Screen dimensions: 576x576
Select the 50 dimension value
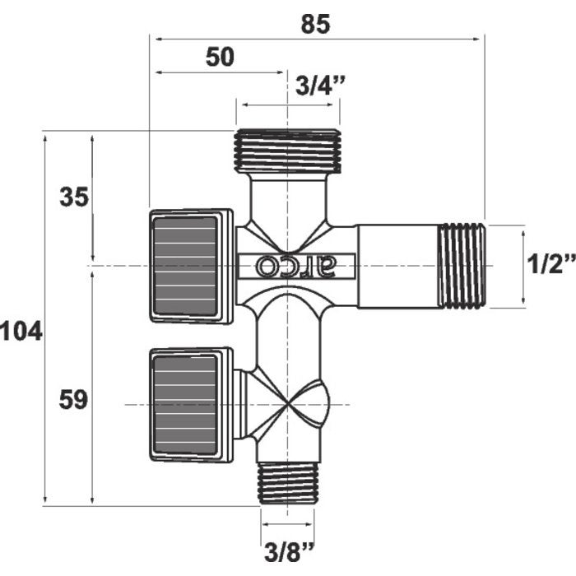point(219,57)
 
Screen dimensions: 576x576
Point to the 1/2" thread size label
point(550,266)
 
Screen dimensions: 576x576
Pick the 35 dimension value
point(72,197)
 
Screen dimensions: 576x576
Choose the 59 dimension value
point(72,400)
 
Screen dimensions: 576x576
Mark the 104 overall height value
point(21,331)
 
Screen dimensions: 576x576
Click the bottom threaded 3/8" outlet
point(287,482)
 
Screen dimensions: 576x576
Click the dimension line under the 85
point(317,39)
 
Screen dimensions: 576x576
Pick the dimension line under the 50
point(220,73)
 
